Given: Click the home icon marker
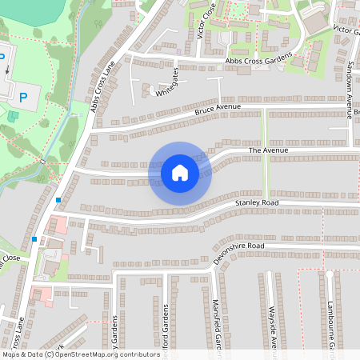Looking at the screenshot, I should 179,173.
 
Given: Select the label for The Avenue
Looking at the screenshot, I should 267,150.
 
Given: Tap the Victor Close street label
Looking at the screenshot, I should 210,22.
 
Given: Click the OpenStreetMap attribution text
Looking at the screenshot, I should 81,354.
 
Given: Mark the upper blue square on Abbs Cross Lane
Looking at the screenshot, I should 58,200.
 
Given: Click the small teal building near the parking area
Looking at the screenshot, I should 13,117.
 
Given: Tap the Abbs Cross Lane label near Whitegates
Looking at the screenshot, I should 104,86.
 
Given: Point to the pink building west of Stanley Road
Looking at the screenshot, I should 58,225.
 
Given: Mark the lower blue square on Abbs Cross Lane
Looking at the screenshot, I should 34,238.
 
